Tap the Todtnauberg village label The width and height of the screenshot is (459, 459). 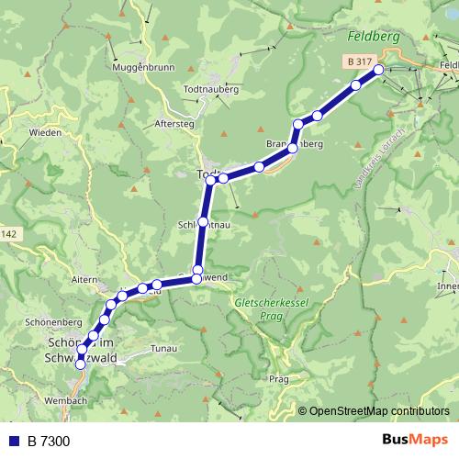[x=209, y=91]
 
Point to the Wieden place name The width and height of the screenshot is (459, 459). [x=46, y=132]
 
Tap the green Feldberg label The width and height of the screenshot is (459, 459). [x=375, y=38]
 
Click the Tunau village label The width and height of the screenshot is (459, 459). [x=163, y=349]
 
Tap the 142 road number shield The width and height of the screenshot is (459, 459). [x=8, y=236]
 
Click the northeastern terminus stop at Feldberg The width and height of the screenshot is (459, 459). [x=378, y=68]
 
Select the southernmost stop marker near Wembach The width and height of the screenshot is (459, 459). [x=80, y=364]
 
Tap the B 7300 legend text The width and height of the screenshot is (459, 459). [x=48, y=442]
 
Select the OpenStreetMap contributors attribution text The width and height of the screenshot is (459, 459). [x=379, y=411]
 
